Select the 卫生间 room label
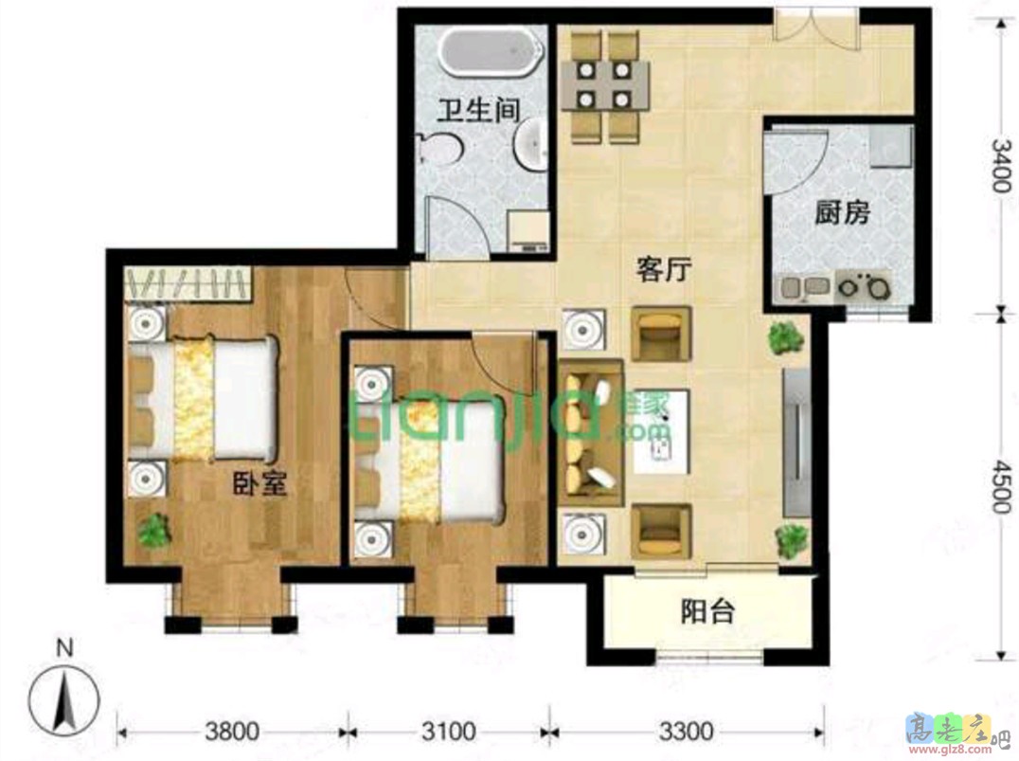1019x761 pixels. [x=478, y=111]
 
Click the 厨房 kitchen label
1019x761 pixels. [x=843, y=212]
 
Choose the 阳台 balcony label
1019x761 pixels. [x=707, y=611]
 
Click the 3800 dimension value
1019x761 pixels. [x=232, y=733]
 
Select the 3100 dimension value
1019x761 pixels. [x=448, y=733]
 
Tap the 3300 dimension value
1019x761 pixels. [x=687, y=733]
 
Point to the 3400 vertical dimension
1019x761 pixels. [x=1002, y=165]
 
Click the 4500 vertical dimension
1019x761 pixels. [x=1002, y=487]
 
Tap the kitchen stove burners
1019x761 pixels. [x=863, y=285]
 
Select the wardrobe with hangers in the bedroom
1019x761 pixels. [x=188, y=284]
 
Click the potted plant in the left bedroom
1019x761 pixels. [x=154, y=530]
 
